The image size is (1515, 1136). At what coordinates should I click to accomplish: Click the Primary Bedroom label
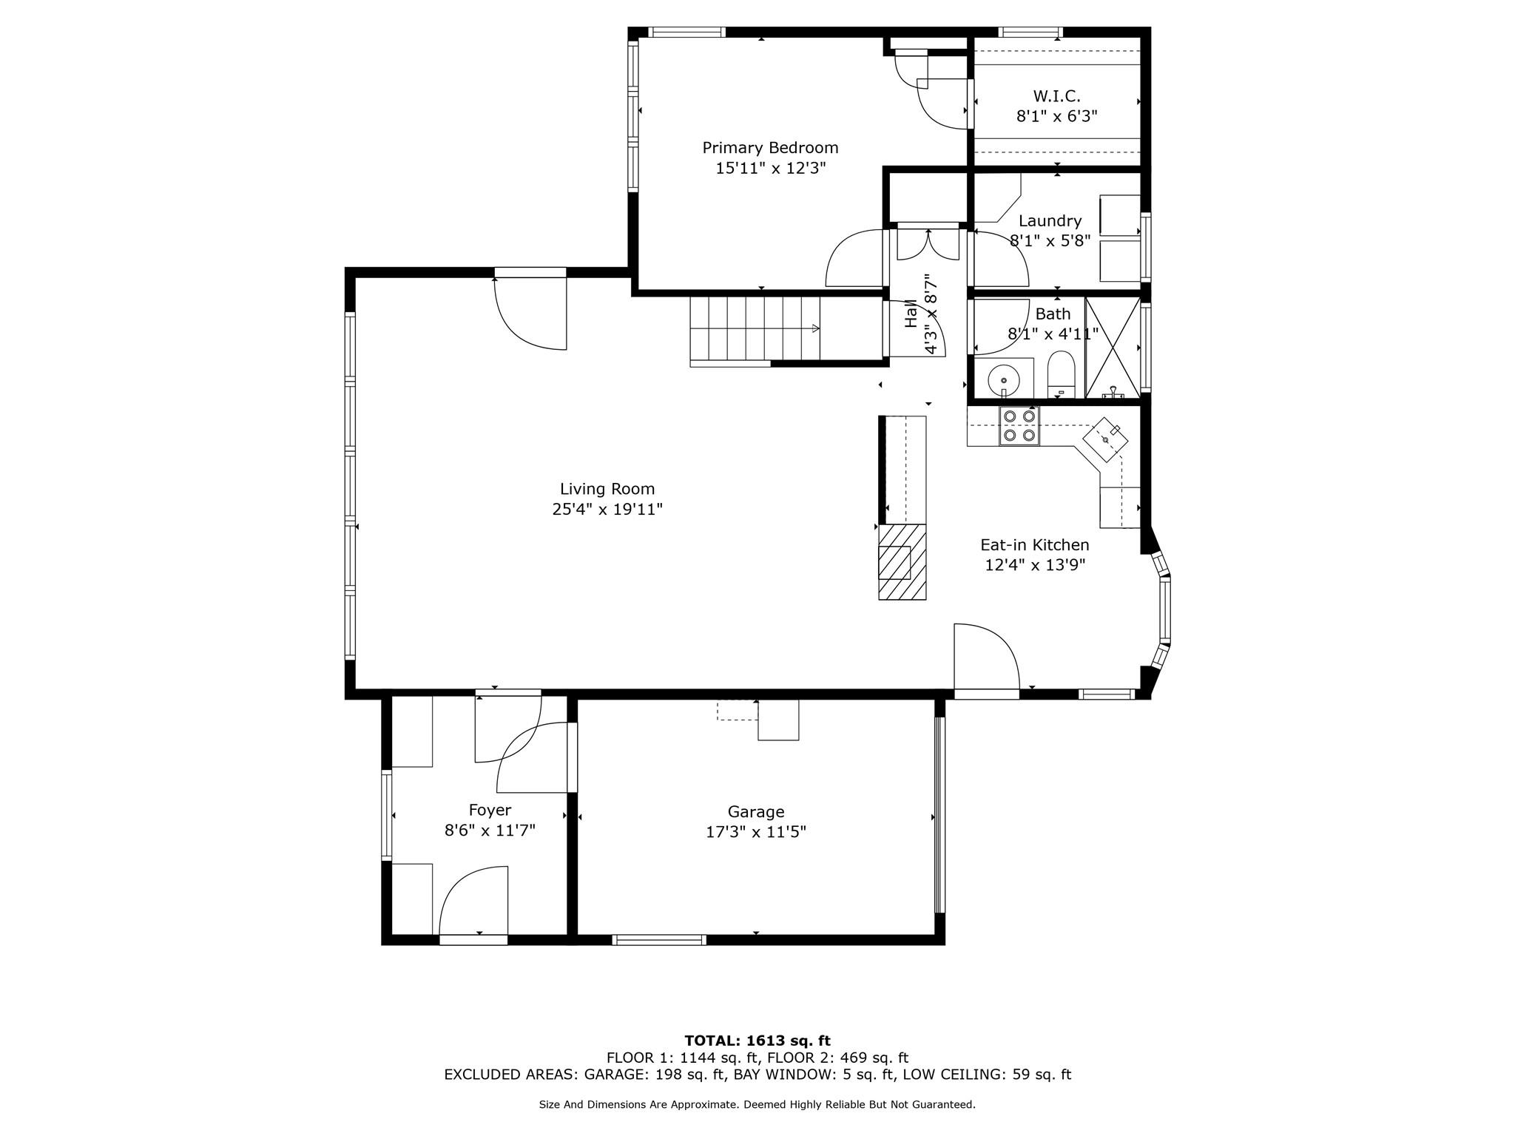[770, 148]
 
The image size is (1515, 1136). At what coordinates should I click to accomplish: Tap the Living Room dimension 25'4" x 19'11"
[607, 510]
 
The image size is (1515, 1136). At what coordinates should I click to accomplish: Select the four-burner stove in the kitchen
[1019, 426]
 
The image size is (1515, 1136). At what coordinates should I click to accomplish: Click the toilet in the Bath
[1061, 375]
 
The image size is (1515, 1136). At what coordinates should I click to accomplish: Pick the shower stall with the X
[1113, 348]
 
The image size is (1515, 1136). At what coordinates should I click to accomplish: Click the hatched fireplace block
[902, 561]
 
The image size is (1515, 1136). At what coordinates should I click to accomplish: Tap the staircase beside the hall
[755, 331]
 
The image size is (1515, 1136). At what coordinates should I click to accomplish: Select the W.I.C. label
[1056, 96]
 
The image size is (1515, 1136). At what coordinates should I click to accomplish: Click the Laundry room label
[1050, 220]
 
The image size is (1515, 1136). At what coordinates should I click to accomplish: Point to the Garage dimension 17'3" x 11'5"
[755, 832]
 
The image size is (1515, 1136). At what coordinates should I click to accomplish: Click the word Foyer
[490, 811]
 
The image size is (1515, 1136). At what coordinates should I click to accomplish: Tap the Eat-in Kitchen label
[1035, 545]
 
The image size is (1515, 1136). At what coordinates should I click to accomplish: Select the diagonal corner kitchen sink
[1106, 439]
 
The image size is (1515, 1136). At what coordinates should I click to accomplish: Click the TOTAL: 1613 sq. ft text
[757, 1041]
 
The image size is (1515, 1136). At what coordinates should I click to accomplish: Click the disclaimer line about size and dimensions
[757, 1104]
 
